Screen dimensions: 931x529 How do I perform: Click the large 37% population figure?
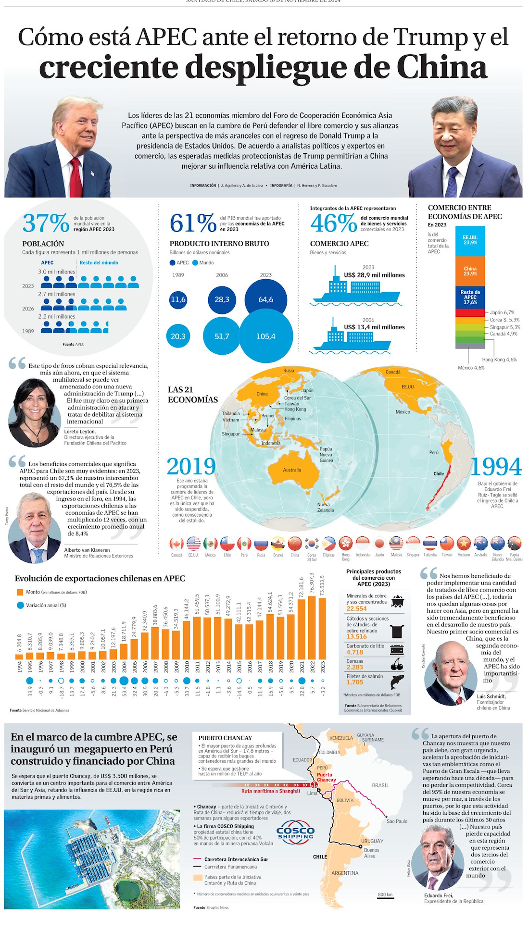point(46,223)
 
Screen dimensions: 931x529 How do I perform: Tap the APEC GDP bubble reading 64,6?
point(265,299)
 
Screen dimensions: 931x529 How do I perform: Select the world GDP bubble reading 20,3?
point(178,336)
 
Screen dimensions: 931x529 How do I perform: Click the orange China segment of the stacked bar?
point(470,271)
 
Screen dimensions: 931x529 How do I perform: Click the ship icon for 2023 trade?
point(355,291)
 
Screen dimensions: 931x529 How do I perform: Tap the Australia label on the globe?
point(292,470)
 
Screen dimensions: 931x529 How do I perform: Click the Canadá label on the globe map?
point(393,372)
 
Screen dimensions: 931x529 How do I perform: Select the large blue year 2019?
point(191,467)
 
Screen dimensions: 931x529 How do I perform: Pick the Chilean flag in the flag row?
point(227,544)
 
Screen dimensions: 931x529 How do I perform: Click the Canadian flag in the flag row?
point(176,544)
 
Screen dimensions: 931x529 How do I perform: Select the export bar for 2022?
point(312,627)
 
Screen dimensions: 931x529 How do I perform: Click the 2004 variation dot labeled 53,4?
point(124,681)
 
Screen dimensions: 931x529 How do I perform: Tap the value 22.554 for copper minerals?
point(357,608)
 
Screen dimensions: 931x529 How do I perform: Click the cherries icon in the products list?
point(397,664)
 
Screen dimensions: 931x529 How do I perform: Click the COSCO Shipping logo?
point(296,833)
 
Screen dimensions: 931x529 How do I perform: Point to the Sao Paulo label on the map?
point(397,821)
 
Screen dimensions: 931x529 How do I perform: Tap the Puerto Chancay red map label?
point(326,777)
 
